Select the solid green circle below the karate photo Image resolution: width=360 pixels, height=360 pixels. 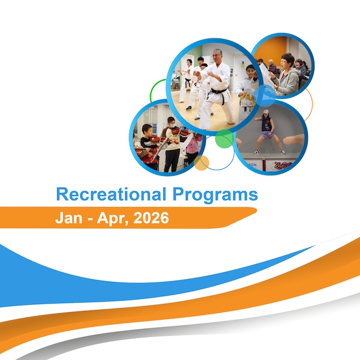point(224,139)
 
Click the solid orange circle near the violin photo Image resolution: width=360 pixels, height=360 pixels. point(202,162)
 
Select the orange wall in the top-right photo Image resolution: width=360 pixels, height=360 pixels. point(270,48)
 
